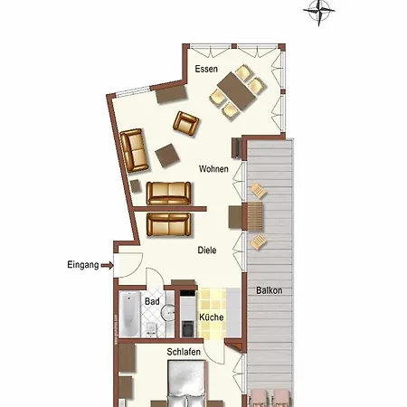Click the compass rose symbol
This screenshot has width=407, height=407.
coord(320,11)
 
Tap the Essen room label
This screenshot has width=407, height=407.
coord(206,69)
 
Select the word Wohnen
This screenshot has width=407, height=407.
coord(214,169)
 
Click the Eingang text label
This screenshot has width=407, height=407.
coord(83,265)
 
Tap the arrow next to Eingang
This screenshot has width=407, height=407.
coord(108,265)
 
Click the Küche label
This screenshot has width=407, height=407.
coord(211,318)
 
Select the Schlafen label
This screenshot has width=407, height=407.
coord(185,352)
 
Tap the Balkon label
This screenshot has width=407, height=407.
coord(269,290)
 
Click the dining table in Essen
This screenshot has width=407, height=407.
coord(237,90)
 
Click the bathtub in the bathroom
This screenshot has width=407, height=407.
coord(130,317)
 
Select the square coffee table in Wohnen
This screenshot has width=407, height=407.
coord(166,155)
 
